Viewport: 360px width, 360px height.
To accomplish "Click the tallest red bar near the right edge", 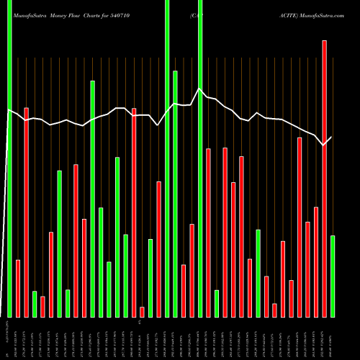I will coord(324,179).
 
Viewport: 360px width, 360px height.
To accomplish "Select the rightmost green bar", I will coord(333,276).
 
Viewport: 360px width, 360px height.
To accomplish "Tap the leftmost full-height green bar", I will coord(9,158).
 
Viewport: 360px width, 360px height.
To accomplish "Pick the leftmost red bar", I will coord(18,288).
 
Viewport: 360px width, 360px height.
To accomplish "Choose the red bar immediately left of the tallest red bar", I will coord(316,262).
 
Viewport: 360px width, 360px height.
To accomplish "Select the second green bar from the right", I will coord(258,273).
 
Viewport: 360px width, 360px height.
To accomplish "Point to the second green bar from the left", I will coord(35,304).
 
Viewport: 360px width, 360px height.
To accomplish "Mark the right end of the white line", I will coord(332,137).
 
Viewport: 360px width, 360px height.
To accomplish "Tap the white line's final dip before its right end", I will coord(323,145).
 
